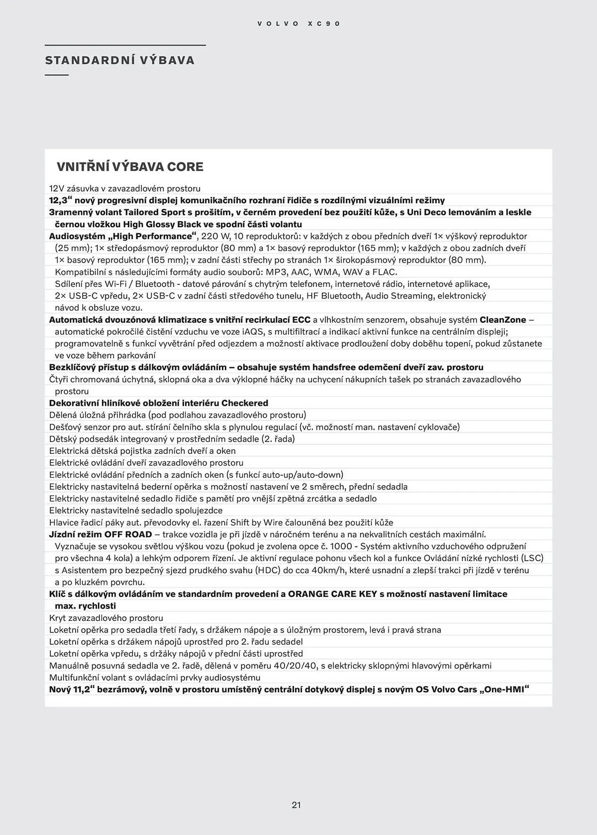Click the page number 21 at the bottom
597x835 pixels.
pos(296,805)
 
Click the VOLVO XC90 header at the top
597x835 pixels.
pos(299,24)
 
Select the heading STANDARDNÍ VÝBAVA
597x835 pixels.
pos(120,61)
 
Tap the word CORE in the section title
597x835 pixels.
pos(185,167)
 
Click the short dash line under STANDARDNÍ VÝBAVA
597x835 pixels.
pos(56,75)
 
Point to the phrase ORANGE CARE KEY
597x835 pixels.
pos(333,594)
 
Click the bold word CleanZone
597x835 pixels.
pos(503,320)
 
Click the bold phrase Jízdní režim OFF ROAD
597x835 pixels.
pos(100,534)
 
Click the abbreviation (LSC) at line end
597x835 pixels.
pos(532,558)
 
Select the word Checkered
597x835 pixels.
pos(245,403)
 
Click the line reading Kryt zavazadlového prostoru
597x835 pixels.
pos(106,618)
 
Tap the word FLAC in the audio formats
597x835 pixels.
pos(384,272)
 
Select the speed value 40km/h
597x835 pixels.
pos(330,570)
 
